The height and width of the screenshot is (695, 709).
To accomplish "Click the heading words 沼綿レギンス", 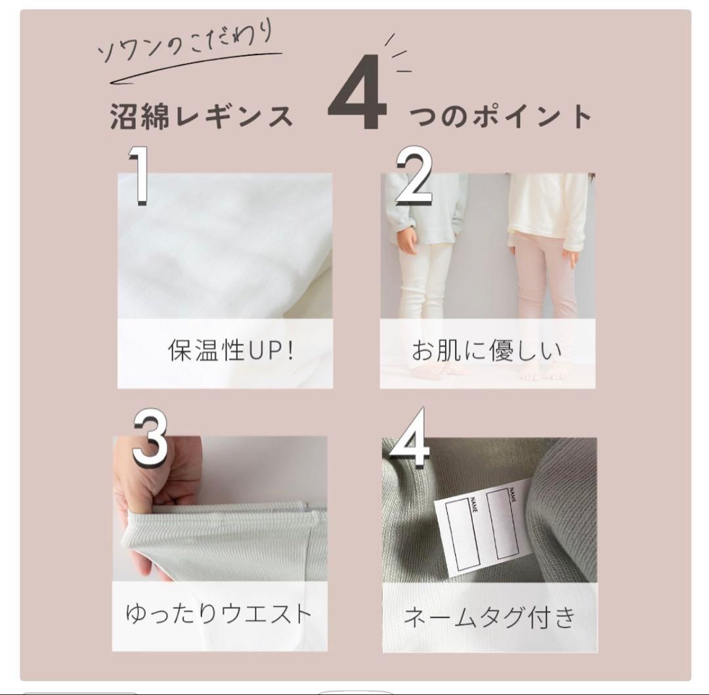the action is point(202,116).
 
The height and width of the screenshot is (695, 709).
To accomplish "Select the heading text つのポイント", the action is point(500,116).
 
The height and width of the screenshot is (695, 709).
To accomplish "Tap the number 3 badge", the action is point(150,438).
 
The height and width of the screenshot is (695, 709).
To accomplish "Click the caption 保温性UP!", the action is point(230,351).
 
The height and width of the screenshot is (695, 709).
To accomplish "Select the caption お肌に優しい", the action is point(486,351).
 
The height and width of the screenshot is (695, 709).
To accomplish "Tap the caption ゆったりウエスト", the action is point(219,614).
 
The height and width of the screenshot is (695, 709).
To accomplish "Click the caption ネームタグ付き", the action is point(490,617).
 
